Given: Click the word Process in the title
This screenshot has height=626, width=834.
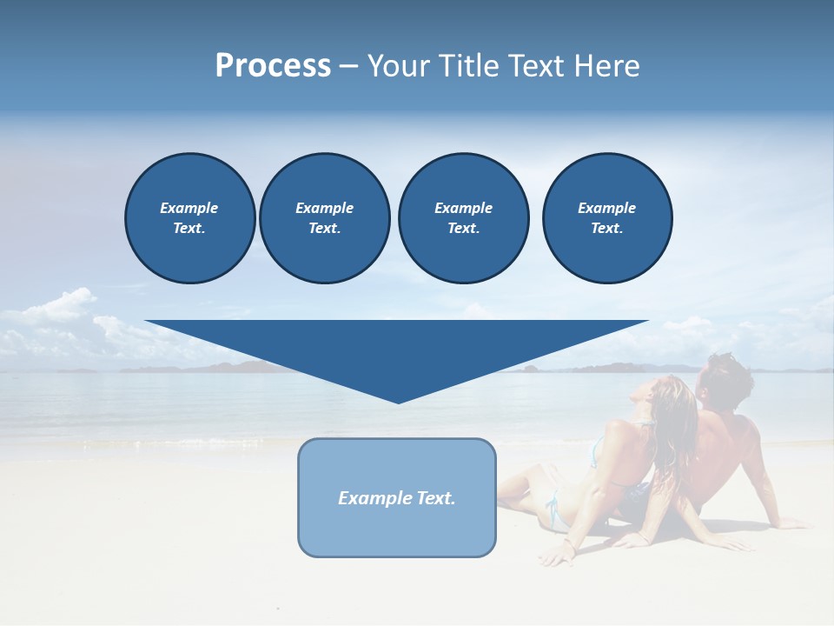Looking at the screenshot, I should pos(273,66).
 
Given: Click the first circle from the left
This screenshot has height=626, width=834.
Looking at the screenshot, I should pos(189,218).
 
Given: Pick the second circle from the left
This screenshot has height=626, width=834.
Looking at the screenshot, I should pos(324,218).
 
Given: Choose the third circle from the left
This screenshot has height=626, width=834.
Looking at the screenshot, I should pos(463,218).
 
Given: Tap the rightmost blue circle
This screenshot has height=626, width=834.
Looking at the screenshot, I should pos(606,218).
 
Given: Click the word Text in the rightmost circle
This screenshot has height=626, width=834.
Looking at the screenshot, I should pos(606,229).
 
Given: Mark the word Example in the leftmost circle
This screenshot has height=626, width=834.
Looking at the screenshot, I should pos(189,208).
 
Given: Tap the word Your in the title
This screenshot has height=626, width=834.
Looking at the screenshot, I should pos(399,66).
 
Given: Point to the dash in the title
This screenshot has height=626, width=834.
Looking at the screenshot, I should pos(348,66).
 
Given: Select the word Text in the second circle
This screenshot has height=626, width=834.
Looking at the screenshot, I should pos(324,229).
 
